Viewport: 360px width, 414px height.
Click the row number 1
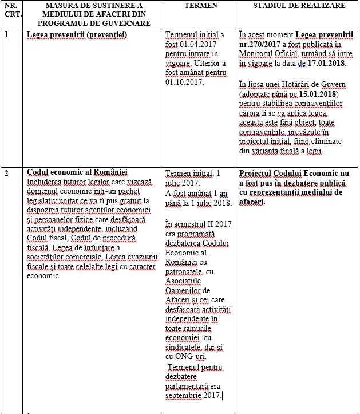coord(7,34)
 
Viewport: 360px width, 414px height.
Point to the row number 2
coord(7,172)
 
